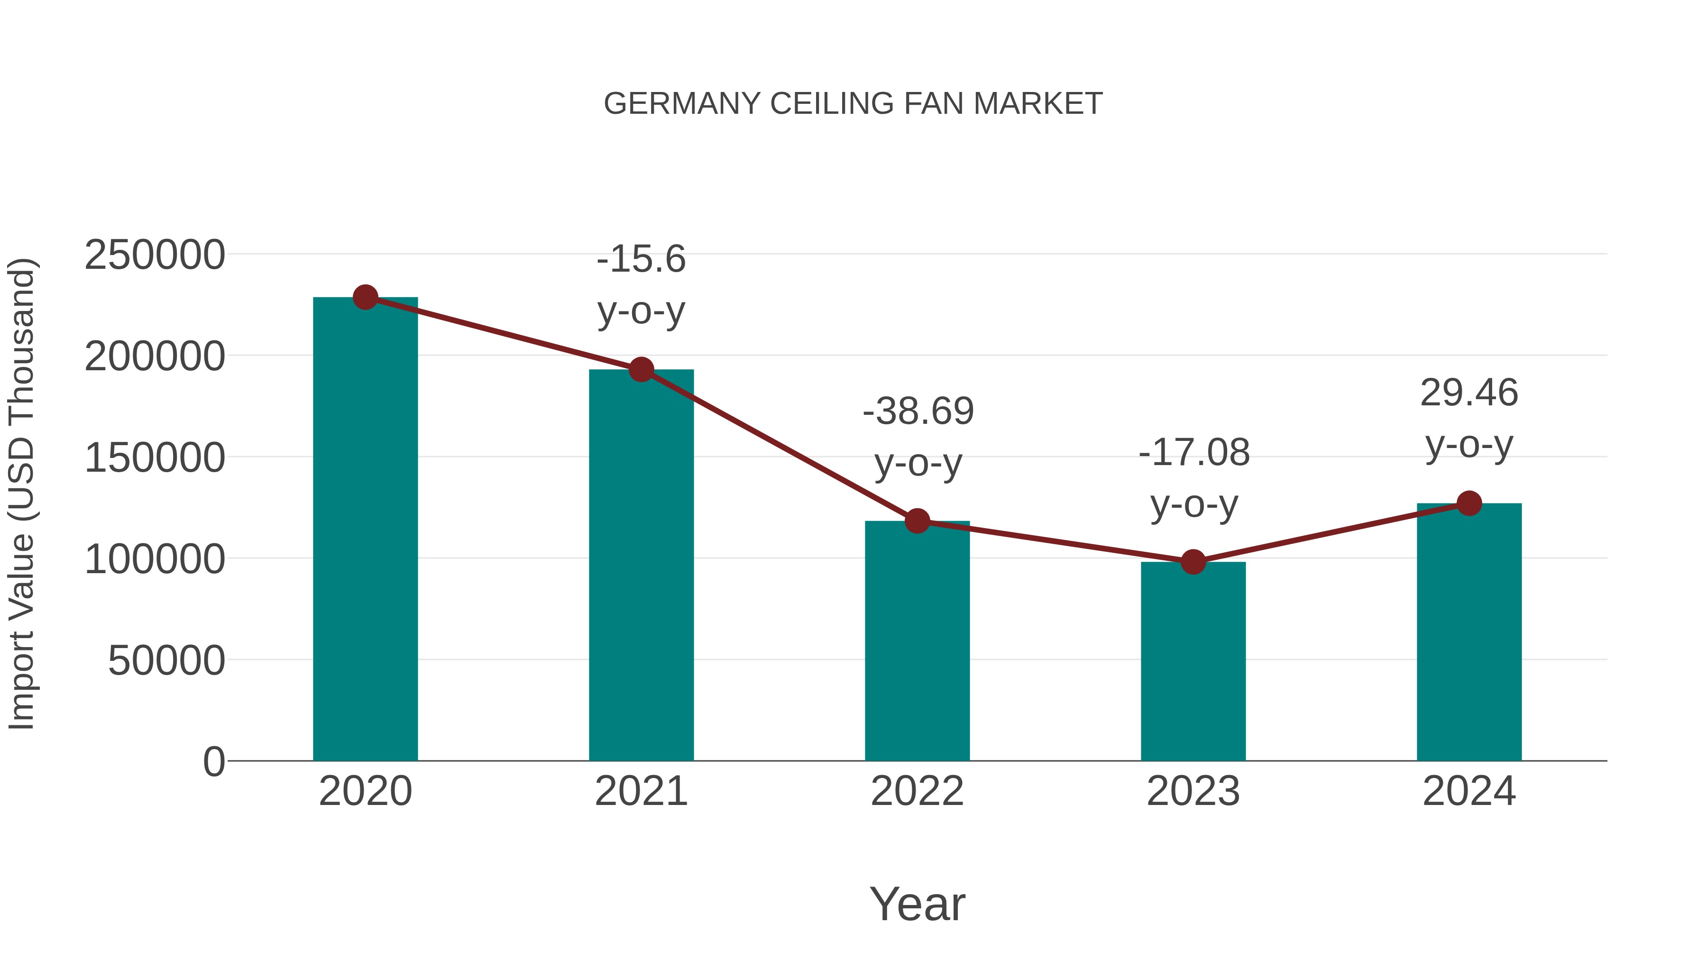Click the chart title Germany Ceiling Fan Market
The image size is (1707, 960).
point(853,104)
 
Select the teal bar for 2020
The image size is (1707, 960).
point(365,530)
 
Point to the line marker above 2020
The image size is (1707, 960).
point(365,297)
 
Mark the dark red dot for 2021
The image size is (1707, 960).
point(641,370)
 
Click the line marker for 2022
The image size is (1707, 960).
point(917,521)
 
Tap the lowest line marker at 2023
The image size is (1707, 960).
point(1193,562)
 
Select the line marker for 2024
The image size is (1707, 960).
point(1469,503)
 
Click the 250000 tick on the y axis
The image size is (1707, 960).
point(155,256)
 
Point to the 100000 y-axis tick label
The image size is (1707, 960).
point(155,560)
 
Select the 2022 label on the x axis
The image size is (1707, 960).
point(917,791)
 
